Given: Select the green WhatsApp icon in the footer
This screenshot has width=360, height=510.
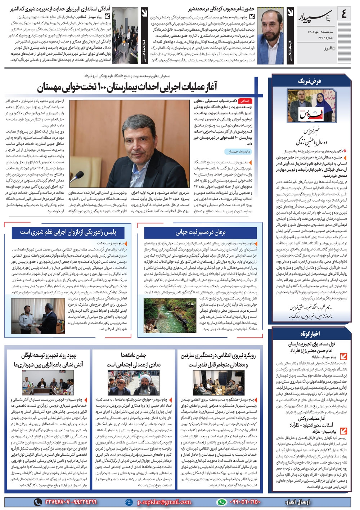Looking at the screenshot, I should [222, 502].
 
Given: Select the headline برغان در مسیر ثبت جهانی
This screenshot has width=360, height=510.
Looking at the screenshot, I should [201, 233].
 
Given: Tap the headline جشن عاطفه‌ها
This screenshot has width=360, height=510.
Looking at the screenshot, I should [134, 355].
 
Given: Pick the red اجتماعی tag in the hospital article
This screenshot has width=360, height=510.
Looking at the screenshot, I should [246, 101].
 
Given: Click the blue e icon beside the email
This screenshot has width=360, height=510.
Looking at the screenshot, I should [129, 502].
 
